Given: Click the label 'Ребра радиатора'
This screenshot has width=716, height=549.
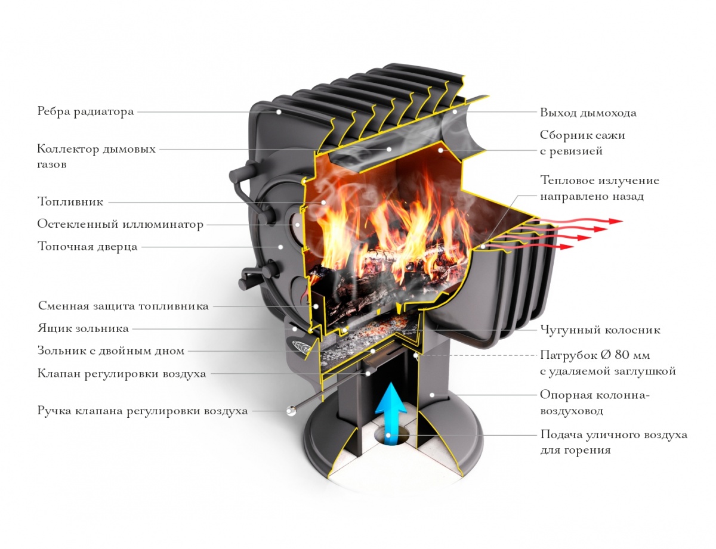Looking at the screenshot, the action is tap(85, 112).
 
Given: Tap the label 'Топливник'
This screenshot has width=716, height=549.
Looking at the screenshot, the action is tap(70, 201).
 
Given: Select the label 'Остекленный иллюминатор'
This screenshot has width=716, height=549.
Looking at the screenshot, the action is tap(121, 224).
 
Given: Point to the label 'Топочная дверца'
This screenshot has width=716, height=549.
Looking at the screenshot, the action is tap(87, 247).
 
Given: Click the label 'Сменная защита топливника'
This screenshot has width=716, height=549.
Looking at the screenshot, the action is tap(124, 306).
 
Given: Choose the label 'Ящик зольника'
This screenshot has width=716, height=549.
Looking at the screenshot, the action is tap(83, 328).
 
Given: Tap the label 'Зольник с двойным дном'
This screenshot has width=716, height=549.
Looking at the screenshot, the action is tap(111, 351).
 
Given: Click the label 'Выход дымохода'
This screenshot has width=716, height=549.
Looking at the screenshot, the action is tap(588, 113).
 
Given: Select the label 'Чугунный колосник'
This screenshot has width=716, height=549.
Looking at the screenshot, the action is tap(600, 330).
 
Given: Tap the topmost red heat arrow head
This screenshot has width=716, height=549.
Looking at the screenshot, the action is tap(615, 221).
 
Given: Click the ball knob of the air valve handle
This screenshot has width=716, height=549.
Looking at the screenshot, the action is tap(291, 411).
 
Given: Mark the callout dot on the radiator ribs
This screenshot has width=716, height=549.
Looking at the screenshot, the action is tap(279, 112).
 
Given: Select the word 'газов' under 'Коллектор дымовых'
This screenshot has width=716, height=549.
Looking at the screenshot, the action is tap(52, 165).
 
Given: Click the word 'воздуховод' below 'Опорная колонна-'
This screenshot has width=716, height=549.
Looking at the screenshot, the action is tap(572, 411).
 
